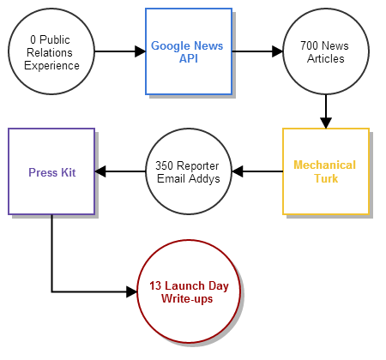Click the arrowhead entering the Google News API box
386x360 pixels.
[140, 51]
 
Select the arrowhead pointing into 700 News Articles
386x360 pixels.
[277, 51]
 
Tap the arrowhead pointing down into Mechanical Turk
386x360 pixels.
[326, 123]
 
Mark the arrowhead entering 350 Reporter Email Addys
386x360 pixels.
[238, 171]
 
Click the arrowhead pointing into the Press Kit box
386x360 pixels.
[100, 171]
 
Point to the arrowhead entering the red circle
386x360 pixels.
[131, 291]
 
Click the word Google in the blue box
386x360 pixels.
[167, 46]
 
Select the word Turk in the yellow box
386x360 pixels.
[326, 178]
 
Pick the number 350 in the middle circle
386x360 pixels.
[164, 165]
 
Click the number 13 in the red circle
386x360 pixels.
[155, 285]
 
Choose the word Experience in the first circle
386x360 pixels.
[51, 66]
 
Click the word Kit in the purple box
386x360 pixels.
[68, 172]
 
